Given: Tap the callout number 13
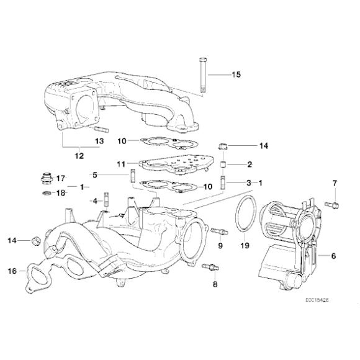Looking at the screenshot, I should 100,141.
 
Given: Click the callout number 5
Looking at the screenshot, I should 95,174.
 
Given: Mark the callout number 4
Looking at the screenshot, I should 95,200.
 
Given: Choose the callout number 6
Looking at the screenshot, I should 333,256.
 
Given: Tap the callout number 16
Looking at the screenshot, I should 12,271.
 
